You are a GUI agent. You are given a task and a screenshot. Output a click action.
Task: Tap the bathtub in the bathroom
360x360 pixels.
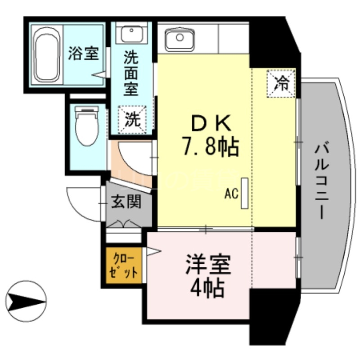pyautogui.click(x=46, y=54)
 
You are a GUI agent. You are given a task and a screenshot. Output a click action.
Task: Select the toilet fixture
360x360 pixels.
pyautogui.click(x=85, y=125)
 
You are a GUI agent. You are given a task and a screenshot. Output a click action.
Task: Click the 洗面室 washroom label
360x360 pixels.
pyautogui.click(x=131, y=73)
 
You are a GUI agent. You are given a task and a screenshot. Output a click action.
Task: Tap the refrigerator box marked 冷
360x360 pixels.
pyautogui.click(x=282, y=83)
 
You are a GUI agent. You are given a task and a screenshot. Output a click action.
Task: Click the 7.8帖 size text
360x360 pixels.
pyautogui.click(x=210, y=146)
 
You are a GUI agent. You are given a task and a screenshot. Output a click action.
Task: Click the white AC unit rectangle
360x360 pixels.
pyautogui.click(x=244, y=193)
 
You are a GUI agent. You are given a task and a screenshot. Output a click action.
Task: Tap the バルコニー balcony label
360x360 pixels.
pyautogui.click(x=322, y=180)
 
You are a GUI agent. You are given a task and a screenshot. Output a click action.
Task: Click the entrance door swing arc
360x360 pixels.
pyautogui.click(x=81, y=205)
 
